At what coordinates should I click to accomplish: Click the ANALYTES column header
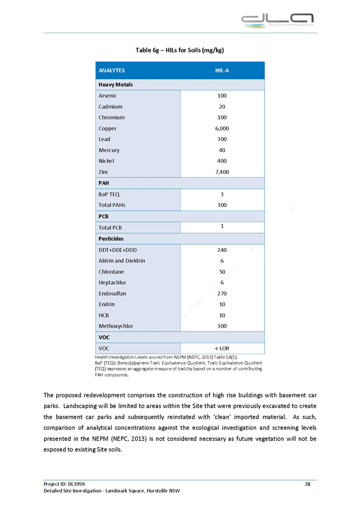[x=111, y=71]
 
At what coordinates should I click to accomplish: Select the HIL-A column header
[x=222, y=71]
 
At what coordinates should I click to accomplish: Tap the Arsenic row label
[x=108, y=95]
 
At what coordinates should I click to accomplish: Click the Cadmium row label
[x=110, y=106]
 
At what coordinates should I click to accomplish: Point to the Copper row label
[x=108, y=128]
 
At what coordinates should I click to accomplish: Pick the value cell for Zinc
[x=222, y=172]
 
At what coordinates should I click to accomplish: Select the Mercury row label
[x=109, y=150]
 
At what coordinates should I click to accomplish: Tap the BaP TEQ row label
[x=109, y=194]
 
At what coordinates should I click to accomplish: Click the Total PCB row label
[x=110, y=227]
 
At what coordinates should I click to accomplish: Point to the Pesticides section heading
[x=111, y=238]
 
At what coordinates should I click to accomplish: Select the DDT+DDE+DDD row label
[x=118, y=250]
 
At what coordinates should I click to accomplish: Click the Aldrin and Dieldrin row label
[x=122, y=260]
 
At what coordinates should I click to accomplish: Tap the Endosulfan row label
[x=112, y=293]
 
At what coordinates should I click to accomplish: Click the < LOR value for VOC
[x=222, y=348]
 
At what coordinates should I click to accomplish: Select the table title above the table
[x=180, y=50]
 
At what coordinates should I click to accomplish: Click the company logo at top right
[x=277, y=21]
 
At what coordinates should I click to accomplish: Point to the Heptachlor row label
[x=112, y=282]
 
